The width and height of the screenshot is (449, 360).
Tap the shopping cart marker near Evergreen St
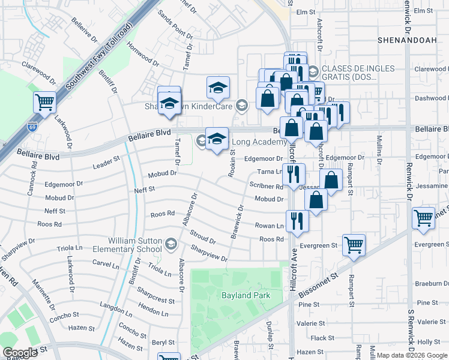(x=354, y=244)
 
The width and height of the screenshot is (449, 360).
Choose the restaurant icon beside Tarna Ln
(x=294, y=175)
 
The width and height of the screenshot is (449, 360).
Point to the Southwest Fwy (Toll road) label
(x=97, y=59)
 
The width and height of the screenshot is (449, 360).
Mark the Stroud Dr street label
(x=203, y=237)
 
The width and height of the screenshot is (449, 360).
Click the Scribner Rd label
(x=267, y=187)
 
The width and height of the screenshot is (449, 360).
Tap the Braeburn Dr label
(x=432, y=284)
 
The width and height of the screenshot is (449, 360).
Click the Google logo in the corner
(x=20, y=352)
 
